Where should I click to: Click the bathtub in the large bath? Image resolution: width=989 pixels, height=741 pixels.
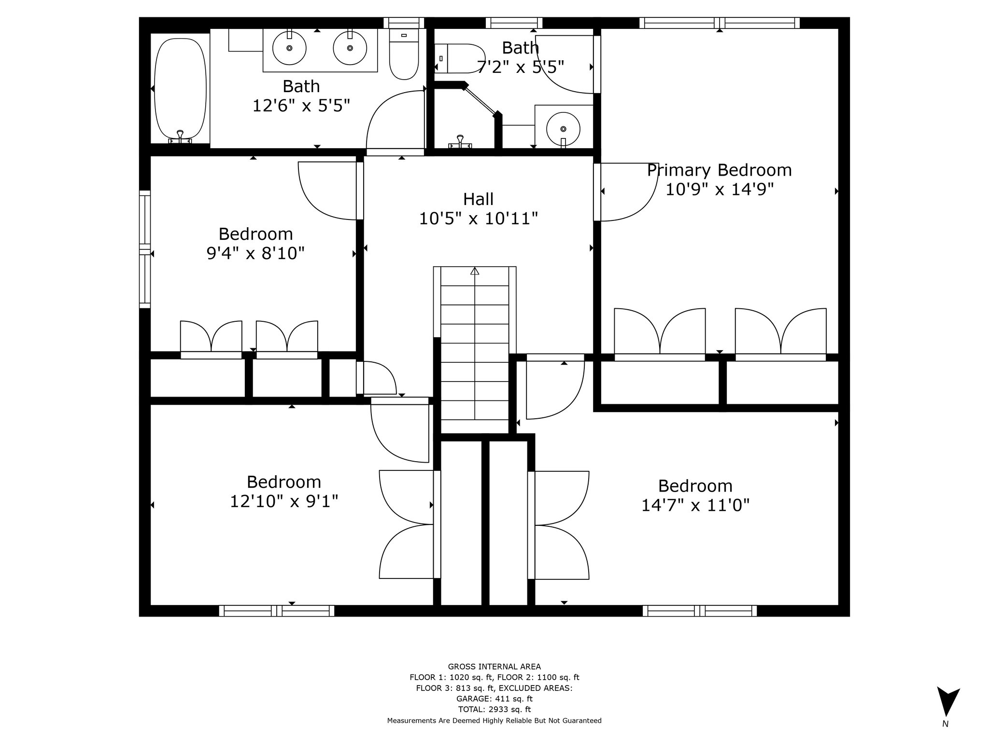180,89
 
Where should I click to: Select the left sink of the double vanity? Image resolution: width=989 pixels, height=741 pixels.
289,48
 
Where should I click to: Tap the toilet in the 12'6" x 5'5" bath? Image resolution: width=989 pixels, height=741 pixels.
404,54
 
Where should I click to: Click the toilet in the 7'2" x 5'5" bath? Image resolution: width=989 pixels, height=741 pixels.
459,58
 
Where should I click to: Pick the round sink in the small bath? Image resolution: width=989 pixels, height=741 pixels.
563,129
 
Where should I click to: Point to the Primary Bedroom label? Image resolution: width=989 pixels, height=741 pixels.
719,170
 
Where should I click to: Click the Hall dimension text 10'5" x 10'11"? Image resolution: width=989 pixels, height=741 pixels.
478,219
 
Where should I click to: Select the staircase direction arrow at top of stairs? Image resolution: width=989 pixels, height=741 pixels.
475,271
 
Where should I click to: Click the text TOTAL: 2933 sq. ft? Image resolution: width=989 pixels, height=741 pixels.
494,709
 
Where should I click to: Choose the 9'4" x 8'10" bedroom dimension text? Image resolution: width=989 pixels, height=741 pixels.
255,253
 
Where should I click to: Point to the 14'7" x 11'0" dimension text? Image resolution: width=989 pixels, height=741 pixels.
695,505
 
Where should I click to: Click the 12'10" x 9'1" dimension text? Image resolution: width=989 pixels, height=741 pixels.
283,501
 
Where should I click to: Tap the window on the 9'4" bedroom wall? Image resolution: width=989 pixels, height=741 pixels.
145,249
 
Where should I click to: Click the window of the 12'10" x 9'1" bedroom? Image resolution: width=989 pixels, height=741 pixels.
277,611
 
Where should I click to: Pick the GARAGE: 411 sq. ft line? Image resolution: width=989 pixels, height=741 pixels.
494,699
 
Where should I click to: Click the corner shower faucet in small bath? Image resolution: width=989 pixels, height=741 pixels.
460,142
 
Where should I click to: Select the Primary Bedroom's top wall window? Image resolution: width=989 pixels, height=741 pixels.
719,23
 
